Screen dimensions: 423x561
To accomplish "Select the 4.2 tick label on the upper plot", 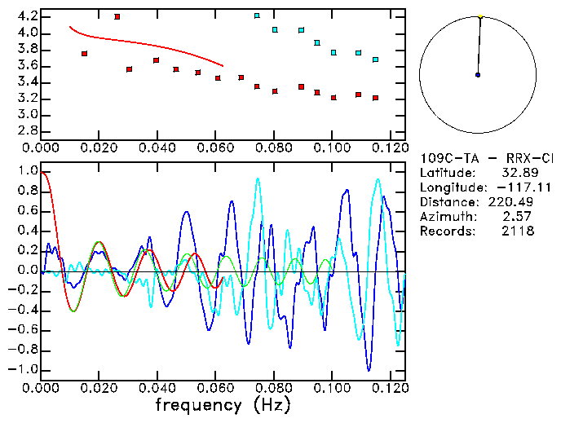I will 26,16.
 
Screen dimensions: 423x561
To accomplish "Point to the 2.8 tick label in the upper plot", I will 26,130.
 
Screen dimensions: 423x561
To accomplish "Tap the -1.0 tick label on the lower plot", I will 24,369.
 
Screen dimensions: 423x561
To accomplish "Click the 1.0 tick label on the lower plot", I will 27,171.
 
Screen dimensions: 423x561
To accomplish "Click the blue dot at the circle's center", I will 478,75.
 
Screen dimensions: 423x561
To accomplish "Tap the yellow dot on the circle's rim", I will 481,16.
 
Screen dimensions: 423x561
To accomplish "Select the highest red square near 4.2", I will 117,16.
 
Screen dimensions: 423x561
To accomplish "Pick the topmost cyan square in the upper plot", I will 257,15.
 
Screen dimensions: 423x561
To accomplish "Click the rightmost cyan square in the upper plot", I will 375,59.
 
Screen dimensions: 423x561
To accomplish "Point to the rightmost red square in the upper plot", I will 375,98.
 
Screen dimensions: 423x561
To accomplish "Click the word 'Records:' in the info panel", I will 447,231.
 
